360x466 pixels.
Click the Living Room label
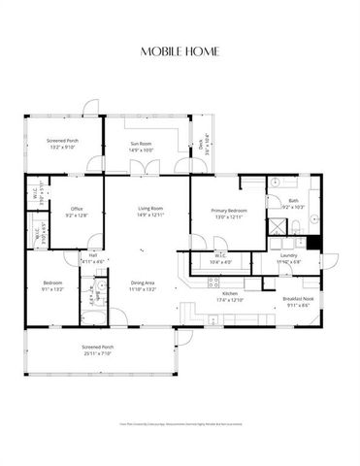click(149, 211)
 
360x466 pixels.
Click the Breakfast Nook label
click(296, 302)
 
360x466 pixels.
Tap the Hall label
click(93, 258)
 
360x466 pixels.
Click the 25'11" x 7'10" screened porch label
click(97, 352)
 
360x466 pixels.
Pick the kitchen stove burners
click(213, 282)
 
